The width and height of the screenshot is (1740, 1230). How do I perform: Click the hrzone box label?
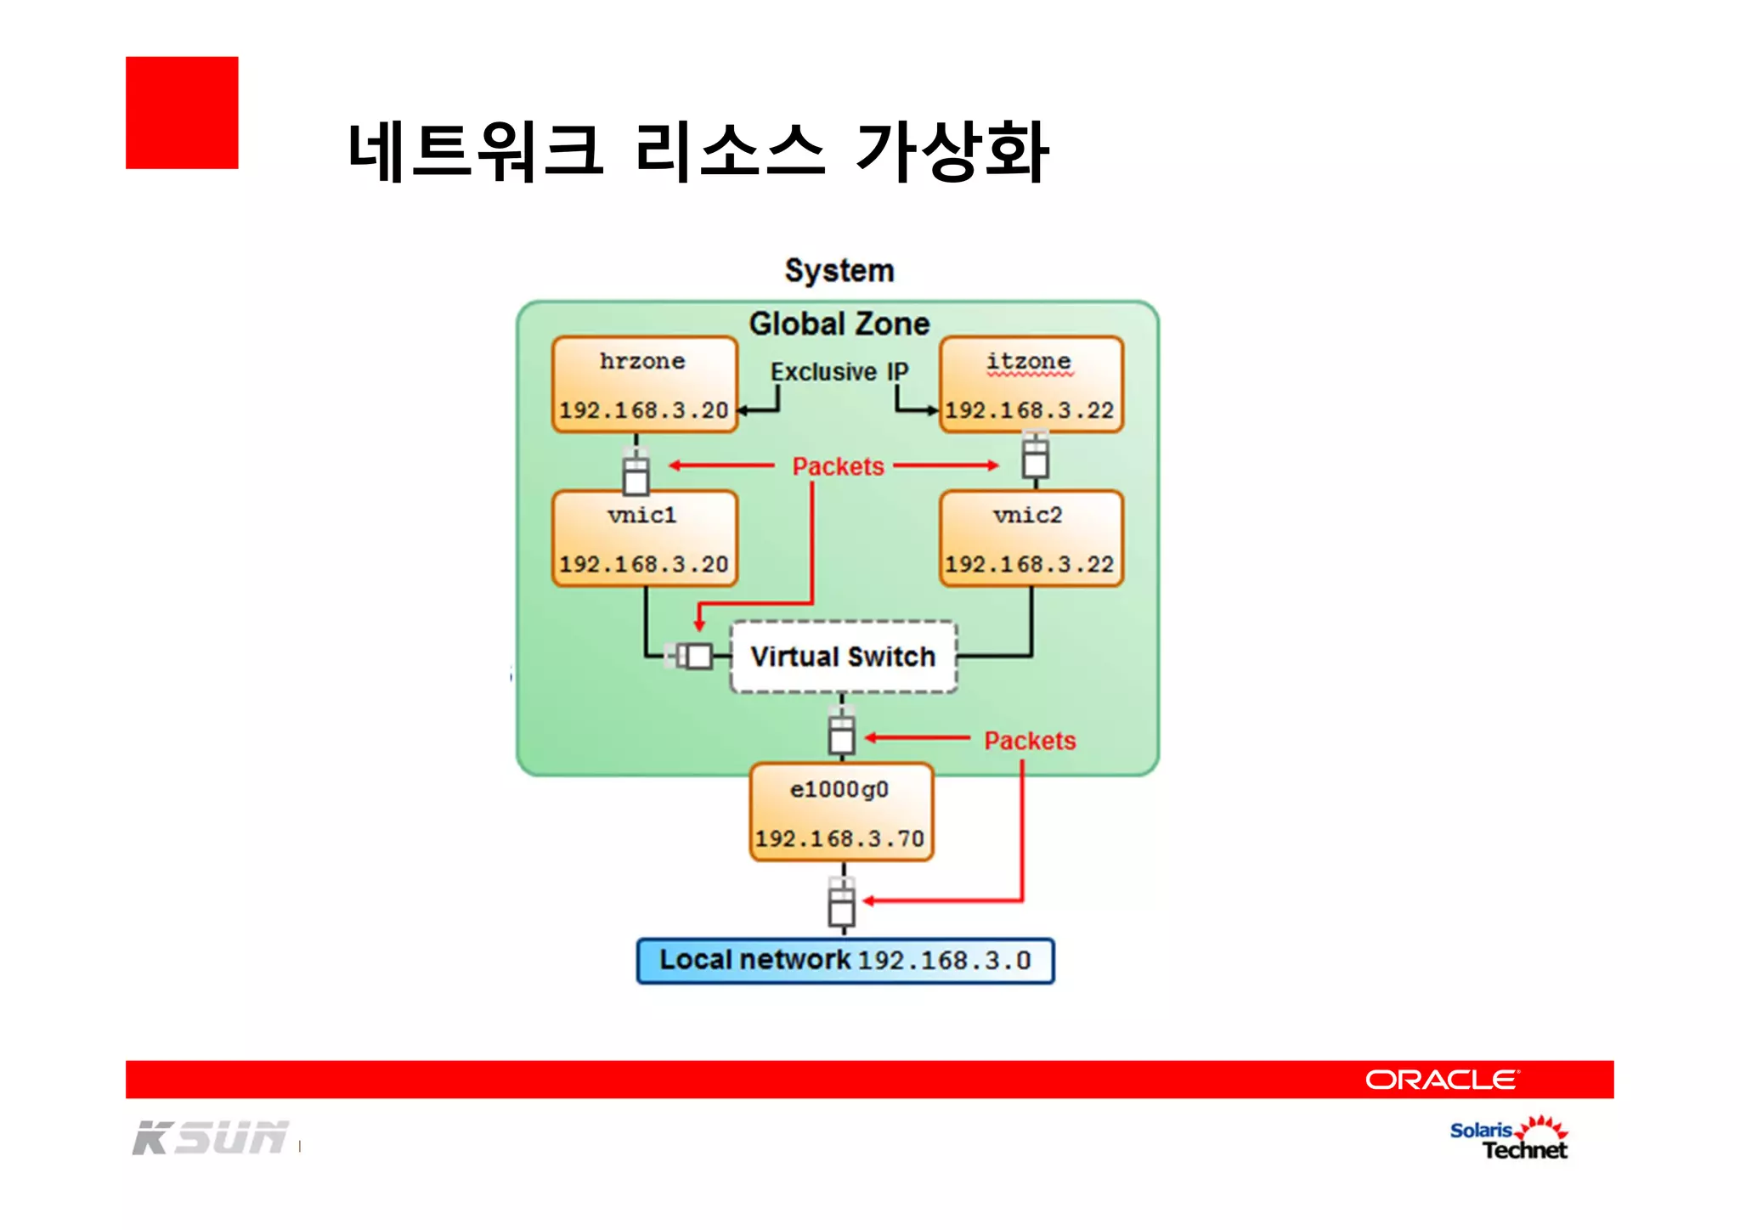pyautogui.click(x=642, y=362)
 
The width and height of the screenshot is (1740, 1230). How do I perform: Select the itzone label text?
pyautogui.click(x=1029, y=362)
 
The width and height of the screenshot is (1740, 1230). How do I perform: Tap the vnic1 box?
pyautogui.click(x=644, y=539)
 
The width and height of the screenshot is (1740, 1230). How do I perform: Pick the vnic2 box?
pyautogui.click(x=1031, y=539)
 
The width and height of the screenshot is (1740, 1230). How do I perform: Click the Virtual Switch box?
pyautogui.click(x=843, y=657)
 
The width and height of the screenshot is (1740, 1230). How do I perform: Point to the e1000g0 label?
pyautogui.click(x=839, y=790)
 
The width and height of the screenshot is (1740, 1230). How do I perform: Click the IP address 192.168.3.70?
pyautogui.click(x=839, y=839)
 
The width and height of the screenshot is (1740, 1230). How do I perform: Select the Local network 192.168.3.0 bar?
pyautogui.click(x=845, y=961)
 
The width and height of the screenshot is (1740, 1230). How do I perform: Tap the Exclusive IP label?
pyautogui.click(x=839, y=372)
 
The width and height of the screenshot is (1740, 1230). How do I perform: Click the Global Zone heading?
pyautogui.click(x=839, y=324)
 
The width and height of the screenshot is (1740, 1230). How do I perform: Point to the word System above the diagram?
pyautogui.click(x=839, y=271)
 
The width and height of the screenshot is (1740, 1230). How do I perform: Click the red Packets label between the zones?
pyautogui.click(x=838, y=466)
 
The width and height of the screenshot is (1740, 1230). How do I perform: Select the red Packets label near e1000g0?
pyautogui.click(x=1030, y=741)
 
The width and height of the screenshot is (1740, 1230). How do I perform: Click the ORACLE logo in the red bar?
pyautogui.click(x=1441, y=1080)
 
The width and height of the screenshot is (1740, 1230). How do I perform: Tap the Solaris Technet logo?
pyautogui.click(x=1509, y=1139)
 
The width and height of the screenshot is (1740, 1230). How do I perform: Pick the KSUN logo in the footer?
pyautogui.click(x=211, y=1138)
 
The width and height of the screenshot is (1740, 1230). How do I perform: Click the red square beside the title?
pyautogui.click(x=182, y=113)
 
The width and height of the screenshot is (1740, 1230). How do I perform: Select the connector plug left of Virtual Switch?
pyautogui.click(x=692, y=656)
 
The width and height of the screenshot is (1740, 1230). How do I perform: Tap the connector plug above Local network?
pyautogui.click(x=841, y=903)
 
